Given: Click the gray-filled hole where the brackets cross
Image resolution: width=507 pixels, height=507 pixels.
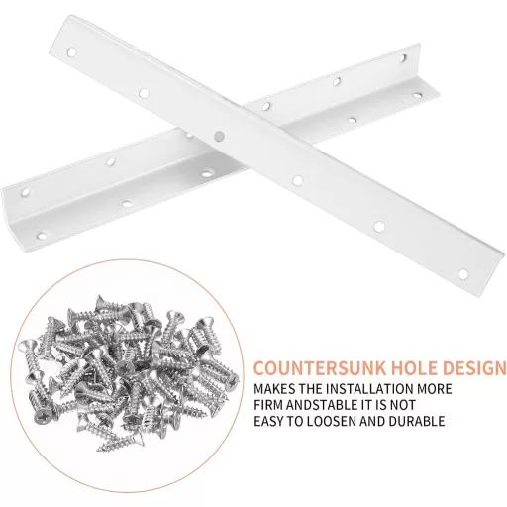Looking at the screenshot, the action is coord(218,135).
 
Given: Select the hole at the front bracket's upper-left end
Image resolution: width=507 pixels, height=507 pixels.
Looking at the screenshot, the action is coord(71,52).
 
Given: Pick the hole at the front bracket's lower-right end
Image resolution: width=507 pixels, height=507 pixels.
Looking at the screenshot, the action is coord(462,273).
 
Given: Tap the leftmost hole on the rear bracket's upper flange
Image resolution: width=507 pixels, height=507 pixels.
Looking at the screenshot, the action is coord(25,192).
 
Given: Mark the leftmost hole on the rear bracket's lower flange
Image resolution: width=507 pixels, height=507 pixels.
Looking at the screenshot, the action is coord(42,236).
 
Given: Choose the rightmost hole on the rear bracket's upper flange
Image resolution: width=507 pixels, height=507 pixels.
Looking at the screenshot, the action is coord(402,58).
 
